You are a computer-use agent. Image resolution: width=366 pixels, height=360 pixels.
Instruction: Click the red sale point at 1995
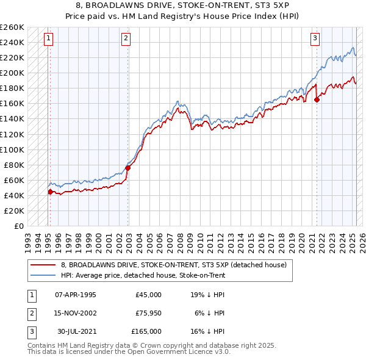click(x=50, y=192)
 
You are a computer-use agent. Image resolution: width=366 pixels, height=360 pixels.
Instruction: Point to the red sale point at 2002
click(x=127, y=168)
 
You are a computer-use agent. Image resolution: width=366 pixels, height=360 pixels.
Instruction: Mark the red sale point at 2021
click(x=317, y=100)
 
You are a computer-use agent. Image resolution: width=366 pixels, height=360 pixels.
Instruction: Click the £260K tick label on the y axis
click(x=12, y=27)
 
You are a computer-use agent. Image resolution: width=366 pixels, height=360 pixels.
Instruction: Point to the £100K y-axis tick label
click(x=12, y=149)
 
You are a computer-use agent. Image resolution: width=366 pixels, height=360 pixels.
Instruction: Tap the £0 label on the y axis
click(x=19, y=226)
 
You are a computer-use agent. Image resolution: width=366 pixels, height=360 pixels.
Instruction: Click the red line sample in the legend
click(x=43, y=265)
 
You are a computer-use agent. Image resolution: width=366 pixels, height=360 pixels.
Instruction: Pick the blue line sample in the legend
click(x=43, y=275)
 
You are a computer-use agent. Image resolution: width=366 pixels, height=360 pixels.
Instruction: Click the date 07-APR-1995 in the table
click(x=76, y=295)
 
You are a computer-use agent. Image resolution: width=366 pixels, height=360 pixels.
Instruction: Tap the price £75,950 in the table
click(x=149, y=313)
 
